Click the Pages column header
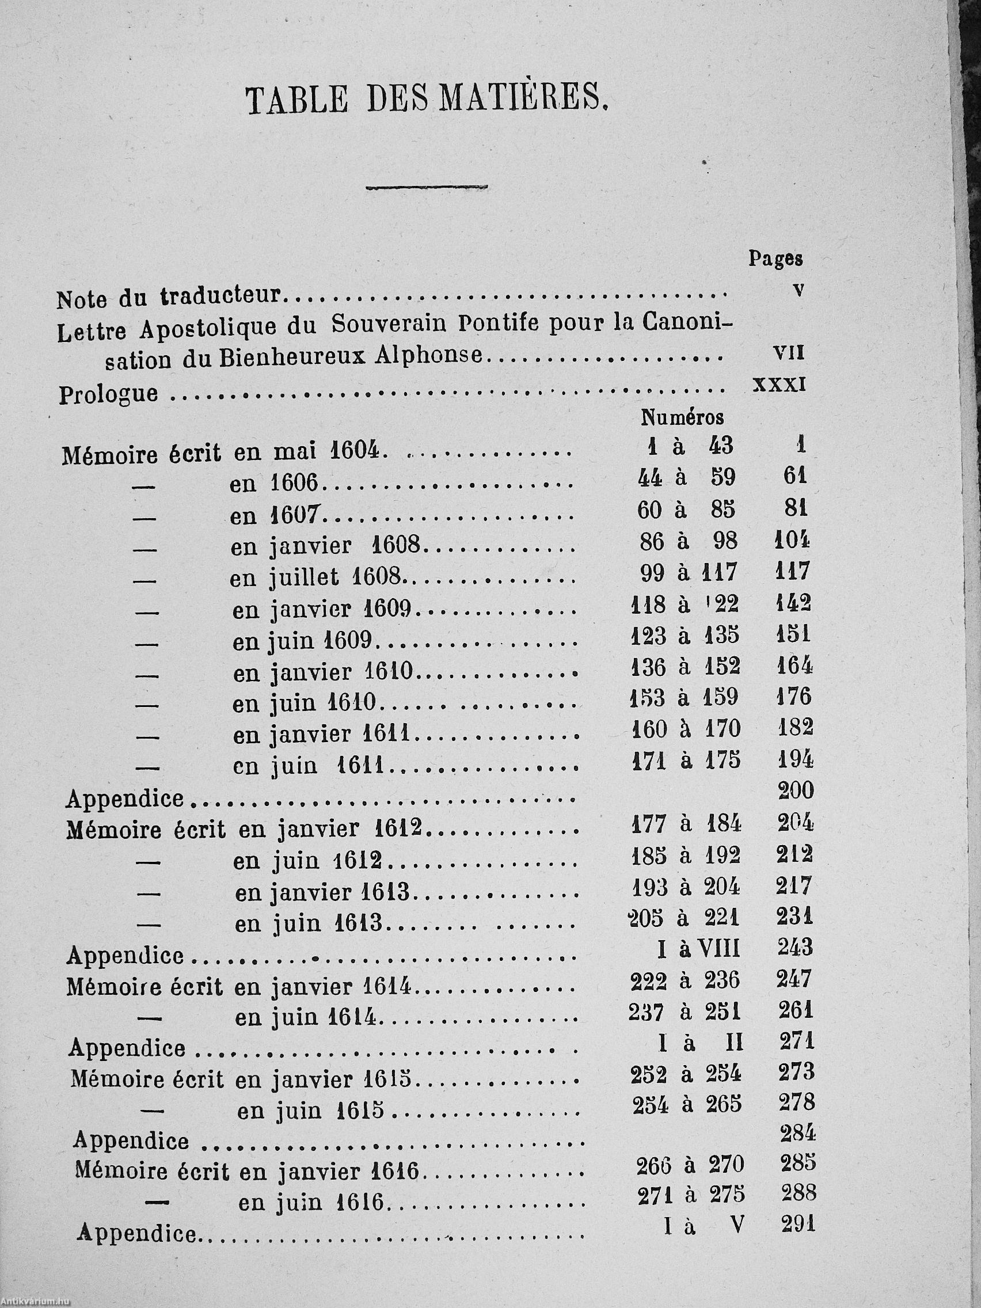pos(776,258)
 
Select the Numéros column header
pos(682,417)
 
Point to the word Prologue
pos(108,393)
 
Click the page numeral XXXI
pos(779,385)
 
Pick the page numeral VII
pos(789,353)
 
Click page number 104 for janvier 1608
pos(792,540)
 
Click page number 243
pos(794,948)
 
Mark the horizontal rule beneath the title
pos(427,188)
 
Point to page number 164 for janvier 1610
pos(793,667)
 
